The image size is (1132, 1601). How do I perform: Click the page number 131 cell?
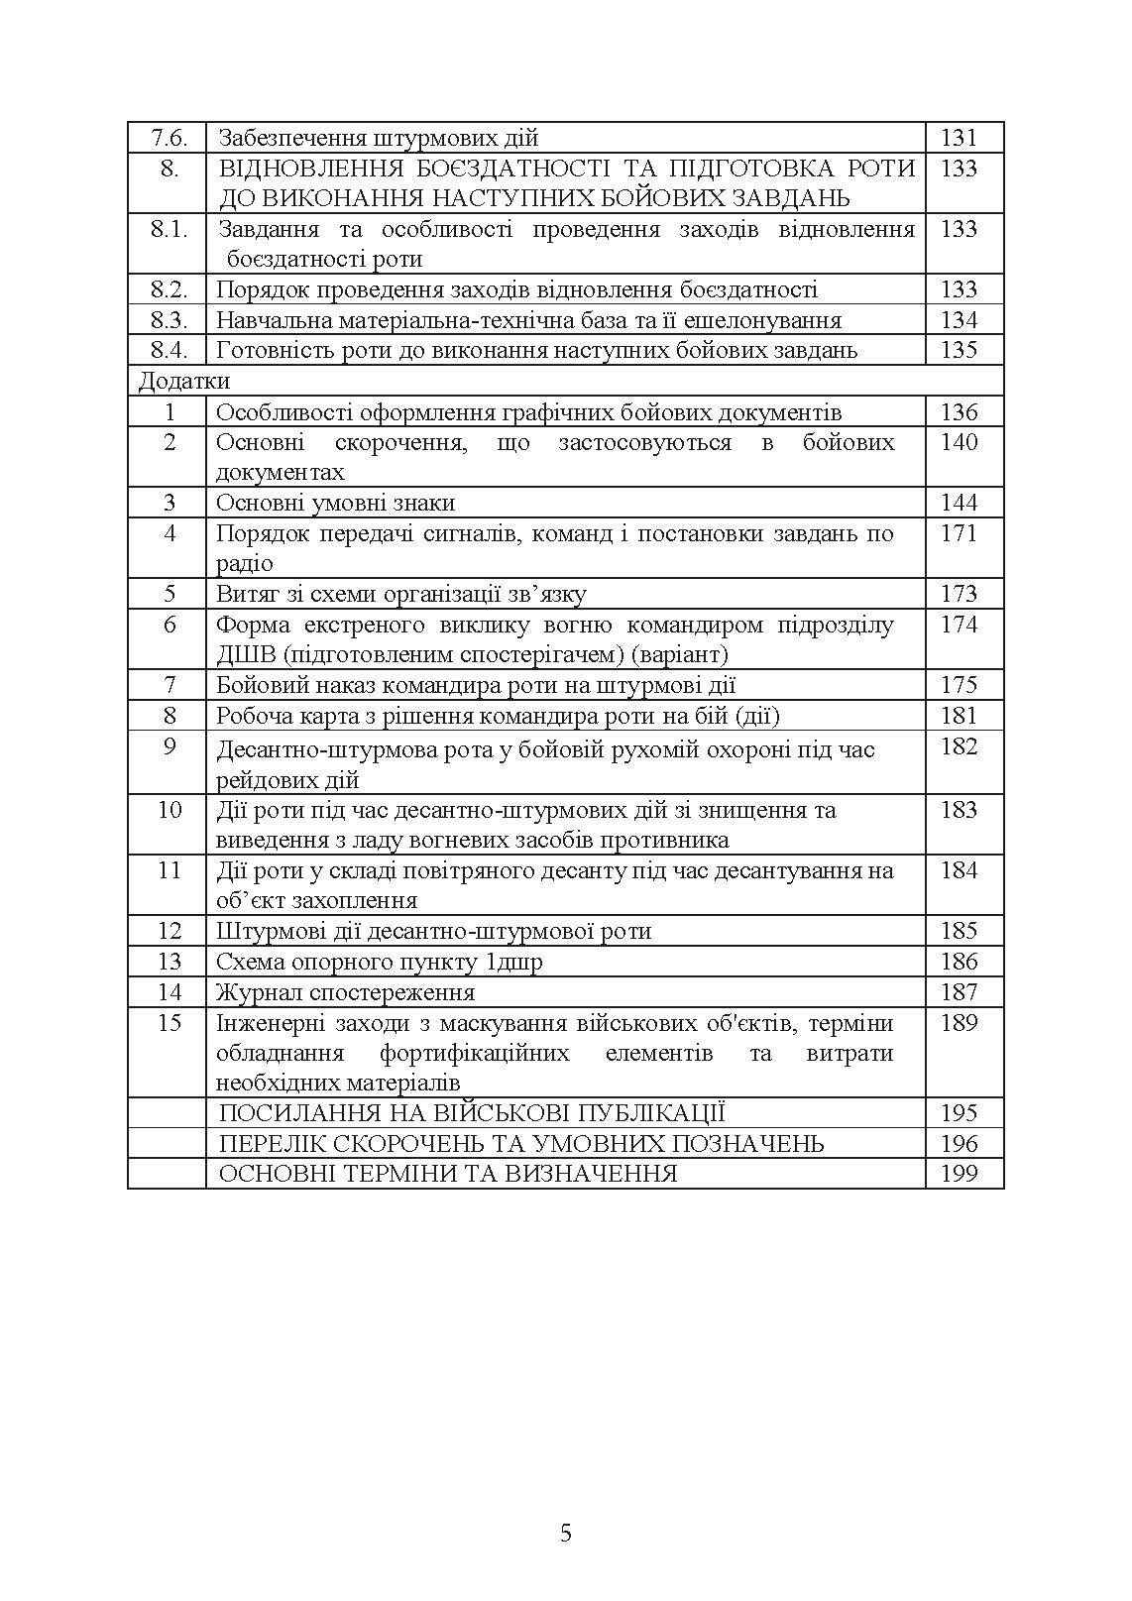point(959,138)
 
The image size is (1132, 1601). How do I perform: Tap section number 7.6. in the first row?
point(169,138)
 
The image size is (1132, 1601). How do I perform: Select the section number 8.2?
point(169,289)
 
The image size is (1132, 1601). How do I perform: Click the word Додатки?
point(184,382)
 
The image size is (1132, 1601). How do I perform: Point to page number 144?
point(959,503)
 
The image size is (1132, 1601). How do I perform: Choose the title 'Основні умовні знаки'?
point(335,503)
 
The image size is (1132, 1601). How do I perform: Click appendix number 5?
point(170,594)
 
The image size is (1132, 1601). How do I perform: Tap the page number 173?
point(959,594)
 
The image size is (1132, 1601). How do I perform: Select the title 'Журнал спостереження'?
point(345,992)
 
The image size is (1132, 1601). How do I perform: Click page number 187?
point(959,992)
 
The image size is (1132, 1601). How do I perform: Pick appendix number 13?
point(170,962)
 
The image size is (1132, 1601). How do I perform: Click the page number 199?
point(959,1174)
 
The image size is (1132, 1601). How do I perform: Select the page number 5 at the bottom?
point(566,1534)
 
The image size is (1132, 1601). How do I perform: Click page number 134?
point(959,320)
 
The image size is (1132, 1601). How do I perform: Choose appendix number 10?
point(170,810)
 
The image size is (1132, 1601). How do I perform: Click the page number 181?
point(959,716)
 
